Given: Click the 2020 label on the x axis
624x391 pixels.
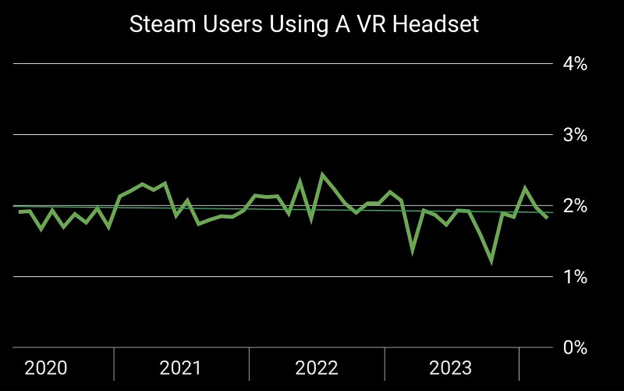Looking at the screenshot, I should coord(46,368).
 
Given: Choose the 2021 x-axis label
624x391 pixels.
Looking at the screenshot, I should coord(180,368).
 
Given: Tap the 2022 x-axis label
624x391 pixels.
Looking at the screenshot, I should coord(316,368).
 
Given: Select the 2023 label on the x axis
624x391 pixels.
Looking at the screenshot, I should coord(450,368).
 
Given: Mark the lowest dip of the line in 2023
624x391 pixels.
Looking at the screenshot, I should coord(491,262).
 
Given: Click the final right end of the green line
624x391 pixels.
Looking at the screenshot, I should coord(547,218).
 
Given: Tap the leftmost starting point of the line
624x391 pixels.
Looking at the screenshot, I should coord(19,212).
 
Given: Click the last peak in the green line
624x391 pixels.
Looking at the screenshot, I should coord(525,187).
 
